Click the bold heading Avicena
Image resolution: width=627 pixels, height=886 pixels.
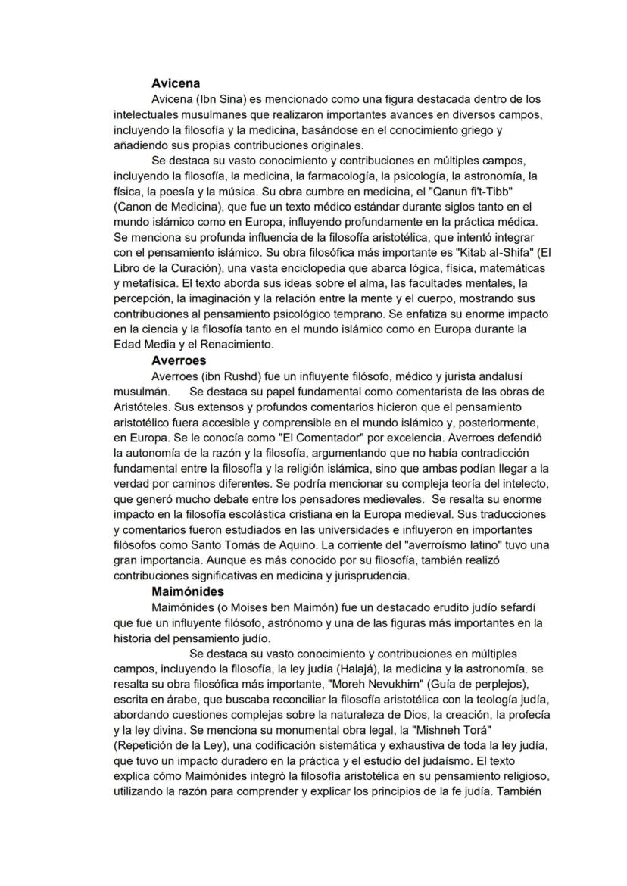(x=175, y=84)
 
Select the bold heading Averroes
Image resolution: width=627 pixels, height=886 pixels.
(x=179, y=360)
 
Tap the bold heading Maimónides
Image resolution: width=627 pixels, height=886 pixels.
(x=187, y=591)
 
